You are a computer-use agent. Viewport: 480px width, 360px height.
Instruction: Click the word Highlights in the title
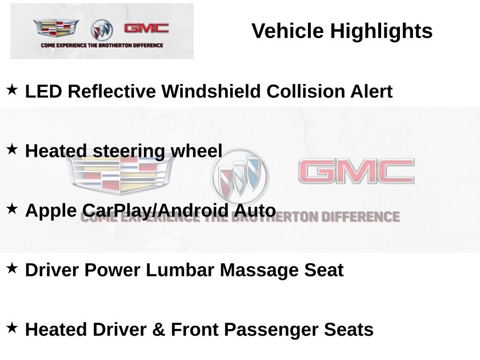click(x=381, y=31)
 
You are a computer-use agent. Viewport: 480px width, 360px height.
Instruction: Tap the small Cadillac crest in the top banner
click(x=56, y=29)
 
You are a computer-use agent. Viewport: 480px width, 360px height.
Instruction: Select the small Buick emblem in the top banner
click(x=102, y=30)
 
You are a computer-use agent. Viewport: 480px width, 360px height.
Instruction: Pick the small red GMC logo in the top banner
click(x=146, y=28)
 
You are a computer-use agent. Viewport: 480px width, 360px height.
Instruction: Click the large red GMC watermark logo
click(x=356, y=172)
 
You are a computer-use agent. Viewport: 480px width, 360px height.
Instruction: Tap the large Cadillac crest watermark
click(x=120, y=172)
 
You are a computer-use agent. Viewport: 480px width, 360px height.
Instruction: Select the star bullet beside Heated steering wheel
click(x=12, y=149)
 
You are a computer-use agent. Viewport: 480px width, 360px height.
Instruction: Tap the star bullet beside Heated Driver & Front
click(x=12, y=327)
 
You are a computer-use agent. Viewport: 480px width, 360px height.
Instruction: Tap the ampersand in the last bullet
click(x=158, y=330)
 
